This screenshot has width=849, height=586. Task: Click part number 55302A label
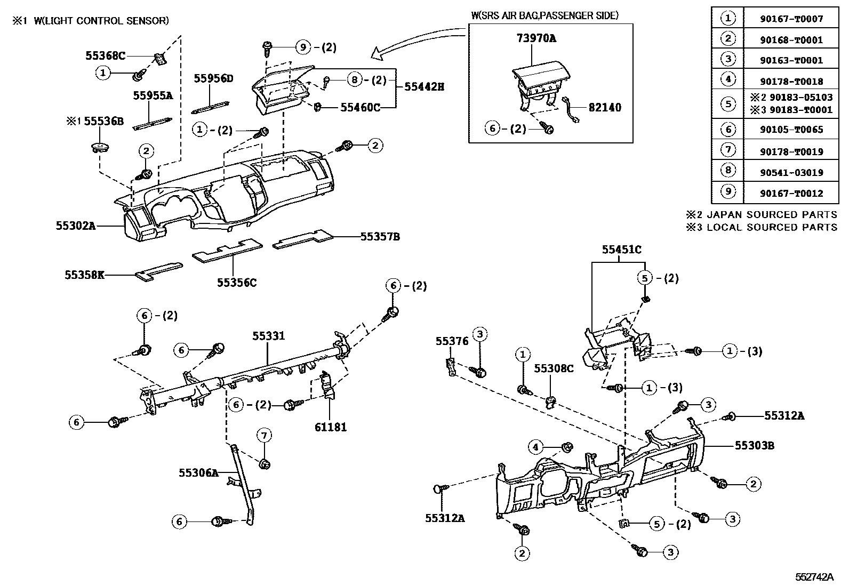[x=75, y=226]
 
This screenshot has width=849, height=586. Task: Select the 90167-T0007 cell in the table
[x=791, y=19]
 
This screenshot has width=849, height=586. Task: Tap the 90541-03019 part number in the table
[x=791, y=173]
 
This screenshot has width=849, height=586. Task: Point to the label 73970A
[x=536, y=38]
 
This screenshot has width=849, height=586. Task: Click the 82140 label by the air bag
[x=605, y=108]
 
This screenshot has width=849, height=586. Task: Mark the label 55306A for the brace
[x=198, y=472]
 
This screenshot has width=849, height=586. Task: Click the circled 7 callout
[x=264, y=436]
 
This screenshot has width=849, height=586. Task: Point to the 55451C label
[x=621, y=250]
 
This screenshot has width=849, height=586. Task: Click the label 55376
[x=451, y=341]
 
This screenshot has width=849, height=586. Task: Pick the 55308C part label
[x=554, y=368]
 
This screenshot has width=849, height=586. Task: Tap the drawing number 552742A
[x=814, y=577]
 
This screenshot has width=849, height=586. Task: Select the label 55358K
[x=84, y=275]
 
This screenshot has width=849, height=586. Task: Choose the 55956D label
[x=213, y=79]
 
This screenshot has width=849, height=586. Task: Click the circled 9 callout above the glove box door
[x=303, y=47]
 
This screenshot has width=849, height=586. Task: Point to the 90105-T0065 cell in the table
[x=791, y=130]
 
